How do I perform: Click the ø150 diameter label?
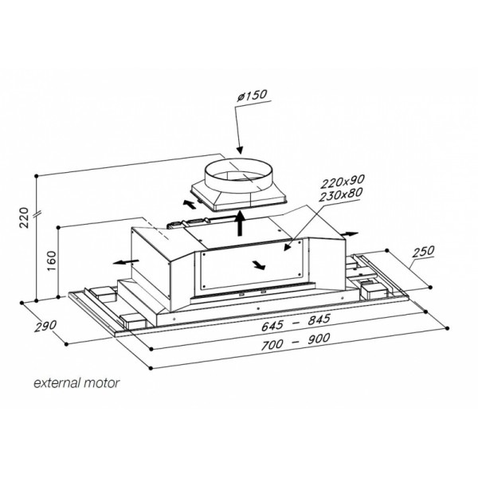click(252, 96)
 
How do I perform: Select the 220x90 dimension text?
click(343, 182)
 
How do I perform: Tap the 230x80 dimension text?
click(341, 194)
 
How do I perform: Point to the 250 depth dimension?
click(423, 251)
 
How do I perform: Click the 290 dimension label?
click(45, 326)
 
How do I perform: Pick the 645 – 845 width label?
click(296, 323)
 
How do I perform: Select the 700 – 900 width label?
click(296, 342)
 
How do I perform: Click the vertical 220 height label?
click(24, 217)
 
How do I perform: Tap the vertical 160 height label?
click(52, 261)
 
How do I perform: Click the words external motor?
click(76, 383)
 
